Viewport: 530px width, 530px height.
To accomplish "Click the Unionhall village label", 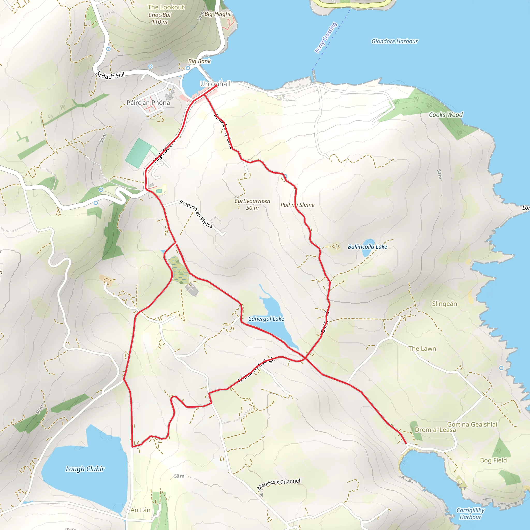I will [215, 84].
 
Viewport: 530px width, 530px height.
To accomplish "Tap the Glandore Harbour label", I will [394, 41].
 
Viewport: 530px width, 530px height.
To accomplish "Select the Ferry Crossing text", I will [326, 38].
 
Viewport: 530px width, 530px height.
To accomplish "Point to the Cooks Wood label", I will [446, 115].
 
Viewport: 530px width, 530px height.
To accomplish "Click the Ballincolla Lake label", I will [367, 247].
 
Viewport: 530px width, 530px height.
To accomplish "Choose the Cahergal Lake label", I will [266, 319].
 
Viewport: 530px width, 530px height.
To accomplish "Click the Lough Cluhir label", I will [85, 469].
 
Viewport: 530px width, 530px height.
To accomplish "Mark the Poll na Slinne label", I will [297, 205].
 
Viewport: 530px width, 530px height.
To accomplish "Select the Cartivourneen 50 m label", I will [252, 204].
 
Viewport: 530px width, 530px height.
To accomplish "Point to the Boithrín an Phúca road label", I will [196, 214].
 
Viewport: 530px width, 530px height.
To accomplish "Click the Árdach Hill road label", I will [110, 76].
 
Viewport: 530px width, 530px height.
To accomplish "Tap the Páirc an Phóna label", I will [148, 102].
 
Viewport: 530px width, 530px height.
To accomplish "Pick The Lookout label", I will [166, 8].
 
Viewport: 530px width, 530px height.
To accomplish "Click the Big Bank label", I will [199, 61].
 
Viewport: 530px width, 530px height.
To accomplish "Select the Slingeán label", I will [444, 304].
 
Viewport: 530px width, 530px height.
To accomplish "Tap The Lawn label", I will [422, 348].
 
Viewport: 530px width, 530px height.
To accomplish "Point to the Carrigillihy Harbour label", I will [470, 513].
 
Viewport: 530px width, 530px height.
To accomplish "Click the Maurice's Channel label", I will [278, 484].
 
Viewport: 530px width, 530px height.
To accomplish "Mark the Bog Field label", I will [493, 460].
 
